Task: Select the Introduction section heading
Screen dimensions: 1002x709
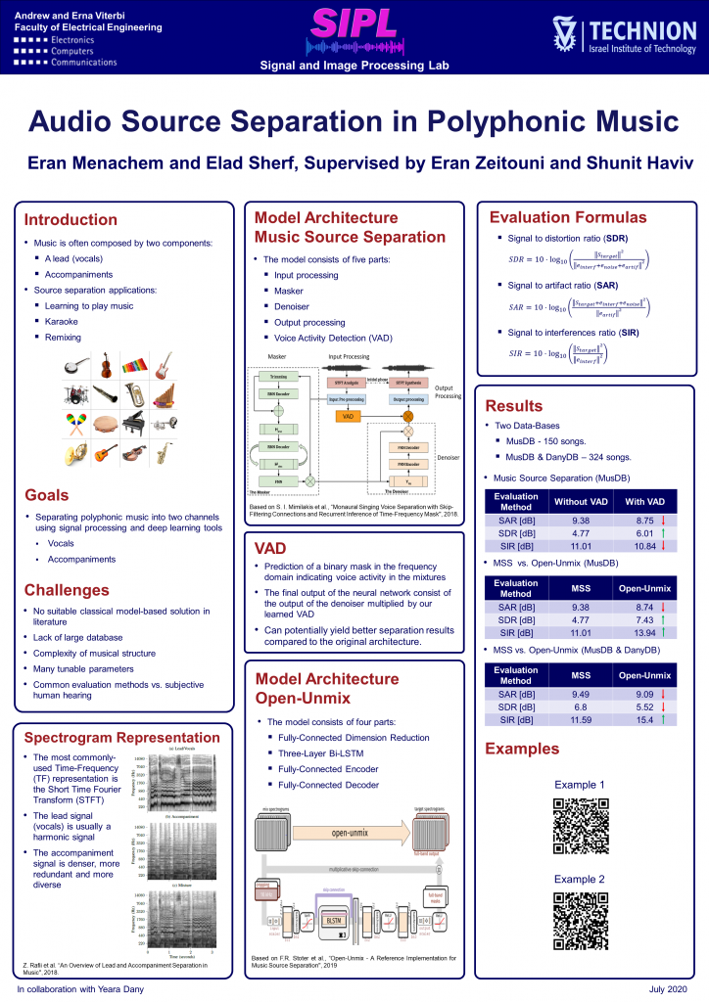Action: tap(71, 219)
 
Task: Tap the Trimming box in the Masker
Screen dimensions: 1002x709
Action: tap(276, 377)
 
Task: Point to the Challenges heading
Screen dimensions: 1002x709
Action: tap(68, 590)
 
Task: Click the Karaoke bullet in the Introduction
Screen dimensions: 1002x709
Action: tap(61, 321)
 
